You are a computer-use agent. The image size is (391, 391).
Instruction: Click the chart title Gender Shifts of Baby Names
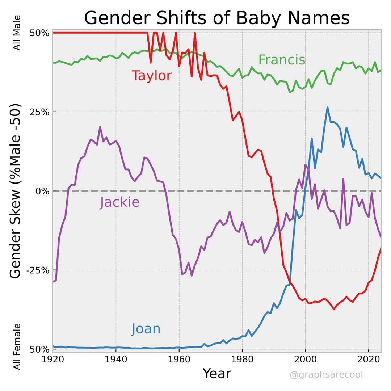pos(217,18)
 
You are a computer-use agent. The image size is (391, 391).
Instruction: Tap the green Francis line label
pos(282,60)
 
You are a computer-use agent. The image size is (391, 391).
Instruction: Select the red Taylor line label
pos(151,76)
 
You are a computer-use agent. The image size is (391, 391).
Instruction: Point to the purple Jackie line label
pos(120,202)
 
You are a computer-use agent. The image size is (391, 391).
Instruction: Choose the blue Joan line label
pos(146,329)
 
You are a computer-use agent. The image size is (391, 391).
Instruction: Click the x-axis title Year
pos(216,373)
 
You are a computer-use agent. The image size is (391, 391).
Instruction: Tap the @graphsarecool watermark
pos(326,375)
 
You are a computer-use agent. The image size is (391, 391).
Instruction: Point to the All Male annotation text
pos(17,33)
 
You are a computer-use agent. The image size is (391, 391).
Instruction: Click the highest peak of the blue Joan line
pos(328,108)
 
